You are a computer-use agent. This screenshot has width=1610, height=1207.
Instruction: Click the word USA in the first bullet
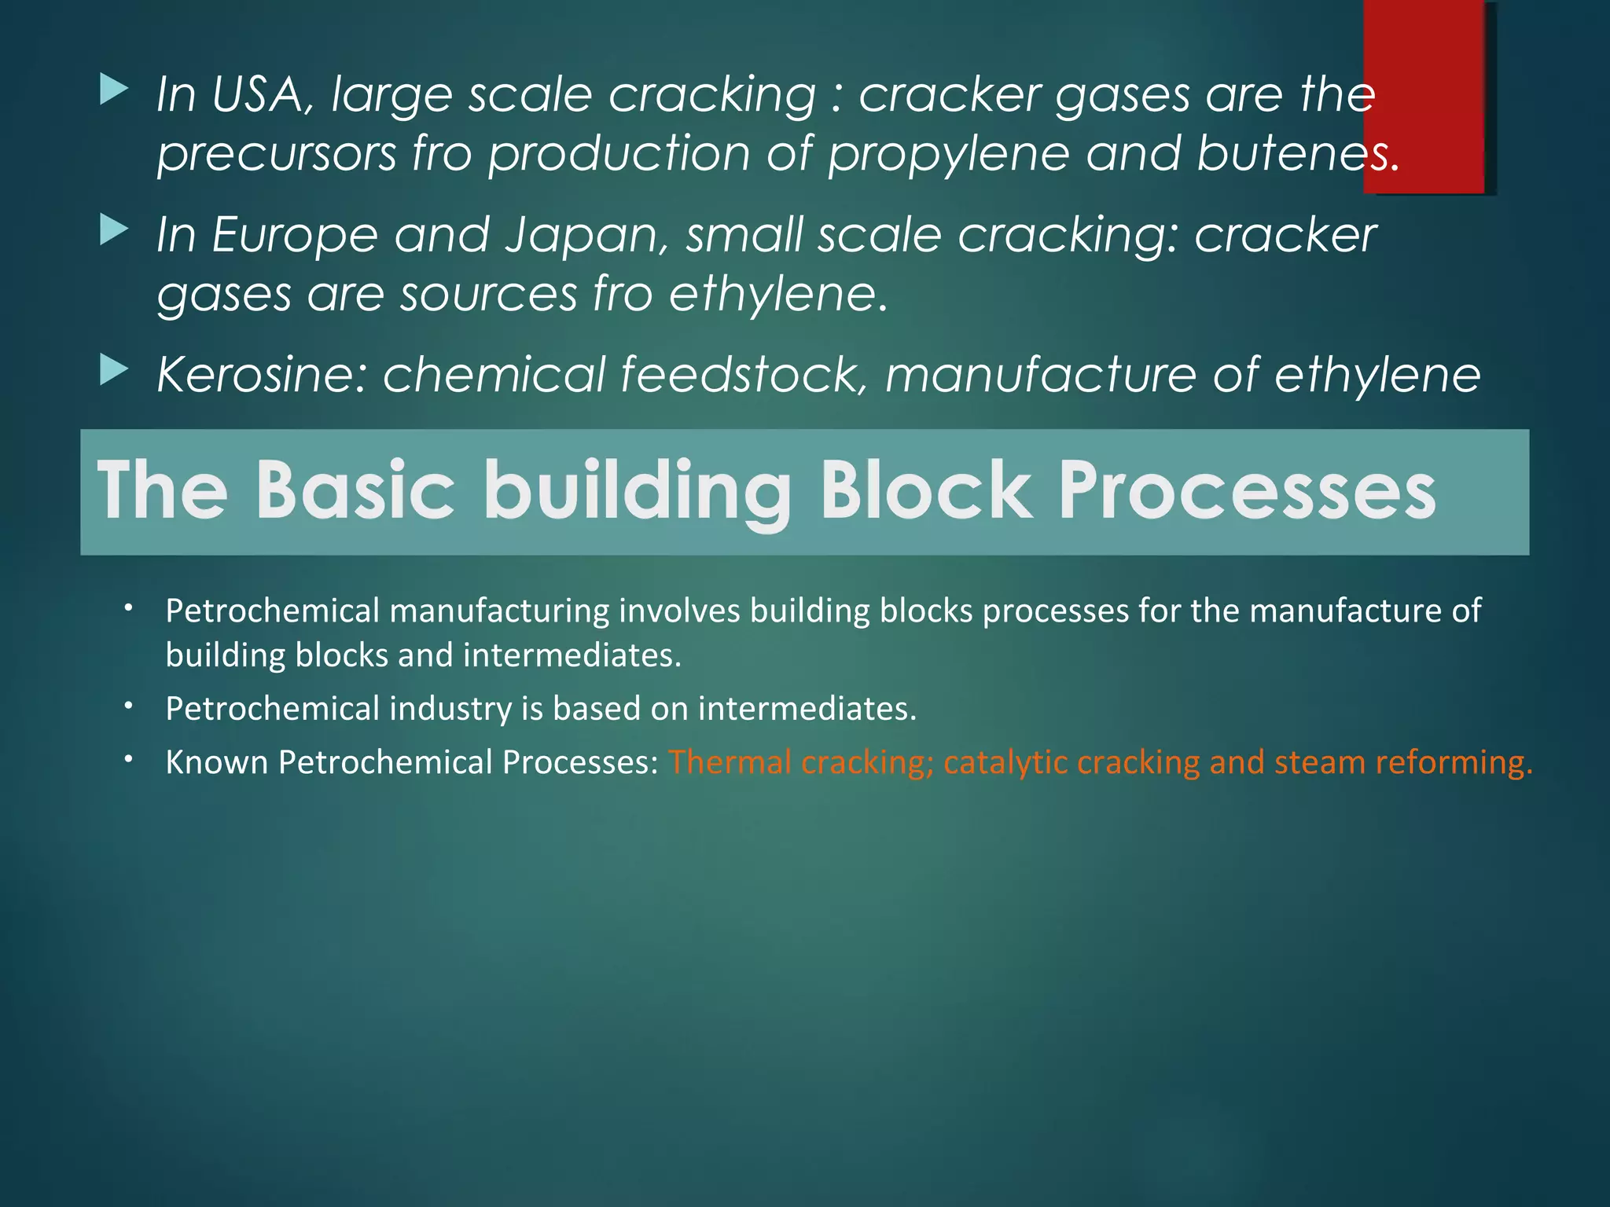[x=257, y=95]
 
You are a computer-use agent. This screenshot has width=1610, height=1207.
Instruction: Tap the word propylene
[x=948, y=154]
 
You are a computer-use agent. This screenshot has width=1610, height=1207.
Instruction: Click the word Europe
[x=295, y=235]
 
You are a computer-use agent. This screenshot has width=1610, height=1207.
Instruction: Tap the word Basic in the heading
[x=355, y=490]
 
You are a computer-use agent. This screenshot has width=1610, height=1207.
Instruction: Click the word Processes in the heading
[x=1247, y=490]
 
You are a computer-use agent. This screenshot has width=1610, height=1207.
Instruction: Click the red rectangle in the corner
[x=1424, y=94]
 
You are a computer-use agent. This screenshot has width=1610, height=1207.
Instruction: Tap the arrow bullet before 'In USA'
[x=115, y=90]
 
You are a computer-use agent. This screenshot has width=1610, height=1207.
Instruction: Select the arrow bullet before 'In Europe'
[x=115, y=231]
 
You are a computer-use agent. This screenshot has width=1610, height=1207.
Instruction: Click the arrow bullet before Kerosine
[x=115, y=371]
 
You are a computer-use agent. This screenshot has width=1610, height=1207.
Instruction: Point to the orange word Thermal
[x=730, y=762]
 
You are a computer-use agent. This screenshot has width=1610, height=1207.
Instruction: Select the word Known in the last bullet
[x=216, y=762]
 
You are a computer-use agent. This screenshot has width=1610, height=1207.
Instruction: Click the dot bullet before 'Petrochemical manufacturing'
[x=129, y=607]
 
